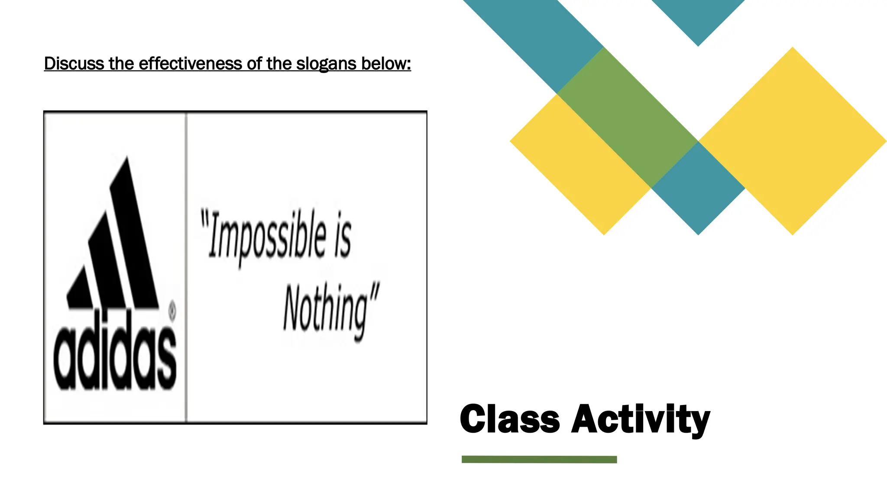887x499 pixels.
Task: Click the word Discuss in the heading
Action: click(74, 64)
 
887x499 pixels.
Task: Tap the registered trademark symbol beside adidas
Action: click(172, 311)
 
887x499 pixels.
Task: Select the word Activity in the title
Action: click(641, 419)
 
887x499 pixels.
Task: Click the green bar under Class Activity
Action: click(539, 460)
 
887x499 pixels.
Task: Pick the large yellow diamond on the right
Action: click(793, 141)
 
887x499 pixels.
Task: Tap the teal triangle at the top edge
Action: click(698, 17)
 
